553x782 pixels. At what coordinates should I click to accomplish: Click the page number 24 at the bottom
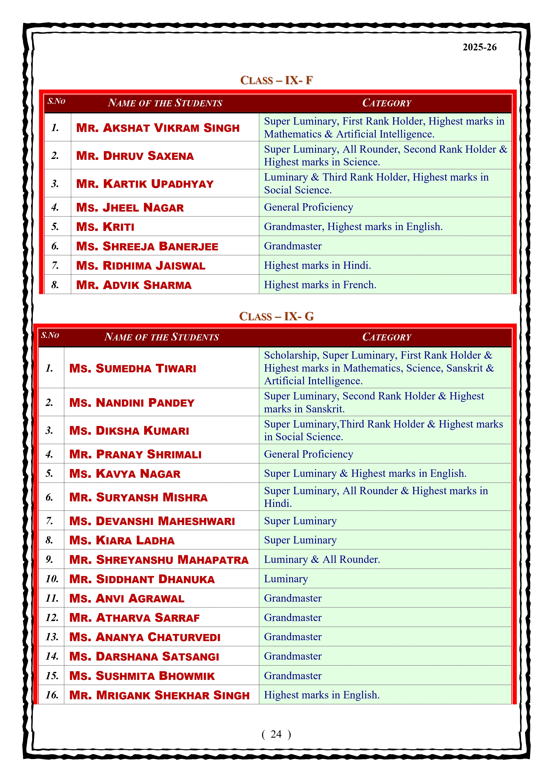(x=276, y=734)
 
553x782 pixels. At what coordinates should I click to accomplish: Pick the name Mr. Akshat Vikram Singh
(x=158, y=128)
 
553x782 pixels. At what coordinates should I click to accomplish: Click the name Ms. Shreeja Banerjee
(x=147, y=246)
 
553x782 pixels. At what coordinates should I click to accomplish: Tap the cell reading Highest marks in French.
(x=320, y=285)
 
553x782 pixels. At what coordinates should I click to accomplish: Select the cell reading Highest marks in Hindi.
(x=317, y=265)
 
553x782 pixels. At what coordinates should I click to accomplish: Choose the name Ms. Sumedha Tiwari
(x=133, y=368)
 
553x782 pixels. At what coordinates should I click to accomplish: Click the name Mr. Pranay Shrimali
(x=135, y=454)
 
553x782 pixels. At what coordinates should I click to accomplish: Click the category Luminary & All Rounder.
(x=322, y=560)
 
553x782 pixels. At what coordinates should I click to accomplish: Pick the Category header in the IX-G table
(x=387, y=337)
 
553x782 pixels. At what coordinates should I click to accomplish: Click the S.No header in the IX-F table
(x=56, y=101)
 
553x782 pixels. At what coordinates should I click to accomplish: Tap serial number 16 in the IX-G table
(x=52, y=695)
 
